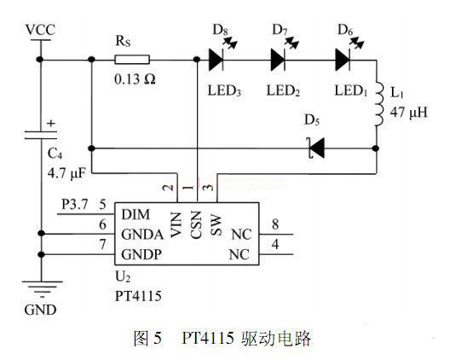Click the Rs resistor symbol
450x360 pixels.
click(132, 60)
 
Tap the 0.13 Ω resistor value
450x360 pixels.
click(135, 79)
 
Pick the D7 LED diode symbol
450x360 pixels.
click(278, 60)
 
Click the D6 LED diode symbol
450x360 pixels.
click(343, 60)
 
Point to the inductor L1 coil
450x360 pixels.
click(378, 104)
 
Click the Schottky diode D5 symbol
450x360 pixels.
click(316, 148)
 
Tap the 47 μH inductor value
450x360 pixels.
click(409, 112)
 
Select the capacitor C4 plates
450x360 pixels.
click(41, 135)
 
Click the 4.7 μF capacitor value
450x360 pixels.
click(66, 173)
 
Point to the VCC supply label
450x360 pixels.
click(40, 30)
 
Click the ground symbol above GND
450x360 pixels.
click(42, 288)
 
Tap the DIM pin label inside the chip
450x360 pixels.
click(136, 214)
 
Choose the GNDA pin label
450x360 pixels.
click(142, 235)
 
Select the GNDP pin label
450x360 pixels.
click(141, 254)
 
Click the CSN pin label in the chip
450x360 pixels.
click(196, 224)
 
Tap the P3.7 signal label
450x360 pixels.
click(75, 205)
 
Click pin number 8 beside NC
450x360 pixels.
click(275, 224)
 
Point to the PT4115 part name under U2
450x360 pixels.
click(138, 296)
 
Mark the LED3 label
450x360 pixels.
click(224, 90)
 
